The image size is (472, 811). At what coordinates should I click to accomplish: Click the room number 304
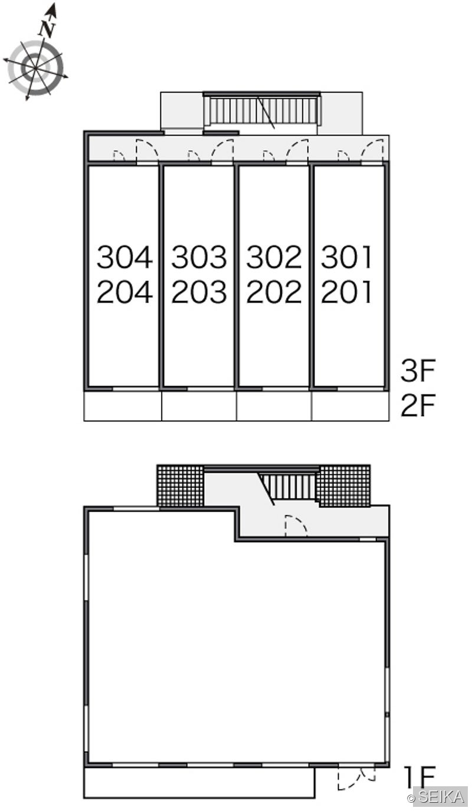point(124,257)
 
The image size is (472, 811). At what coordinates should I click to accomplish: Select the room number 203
point(199,292)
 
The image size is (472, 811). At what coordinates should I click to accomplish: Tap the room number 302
point(274,257)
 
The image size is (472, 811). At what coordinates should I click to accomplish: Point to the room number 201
point(346,292)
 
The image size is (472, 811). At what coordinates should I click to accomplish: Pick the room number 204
point(124,292)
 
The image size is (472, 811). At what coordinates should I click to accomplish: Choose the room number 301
point(346,257)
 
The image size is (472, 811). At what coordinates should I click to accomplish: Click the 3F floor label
point(418,370)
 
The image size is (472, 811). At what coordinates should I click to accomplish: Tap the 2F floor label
point(418,405)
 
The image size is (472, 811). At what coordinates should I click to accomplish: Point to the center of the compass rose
point(35,68)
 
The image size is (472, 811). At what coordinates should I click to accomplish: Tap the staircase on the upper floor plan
point(262,110)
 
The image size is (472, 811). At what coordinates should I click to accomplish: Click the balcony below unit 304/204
point(123,406)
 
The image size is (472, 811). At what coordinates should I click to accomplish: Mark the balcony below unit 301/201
point(350,406)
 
